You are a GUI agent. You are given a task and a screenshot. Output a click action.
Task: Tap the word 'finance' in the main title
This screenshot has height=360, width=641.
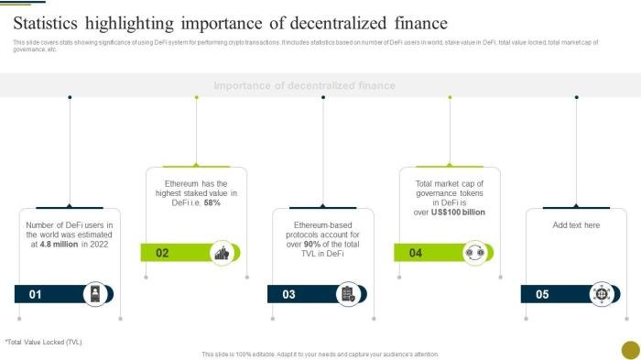click(415, 23)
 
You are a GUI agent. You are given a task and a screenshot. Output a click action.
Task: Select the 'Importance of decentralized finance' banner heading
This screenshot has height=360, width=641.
click(304, 85)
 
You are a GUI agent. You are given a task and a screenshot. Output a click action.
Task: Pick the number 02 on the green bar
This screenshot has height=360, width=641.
click(162, 253)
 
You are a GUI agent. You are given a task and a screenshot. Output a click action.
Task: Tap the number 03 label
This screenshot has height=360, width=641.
click(288, 294)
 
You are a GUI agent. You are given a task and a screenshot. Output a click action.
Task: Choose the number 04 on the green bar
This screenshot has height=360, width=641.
click(416, 253)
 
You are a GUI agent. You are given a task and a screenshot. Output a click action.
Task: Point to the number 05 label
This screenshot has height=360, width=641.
click(542, 294)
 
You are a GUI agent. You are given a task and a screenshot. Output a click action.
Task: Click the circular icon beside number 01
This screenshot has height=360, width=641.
click(94, 293)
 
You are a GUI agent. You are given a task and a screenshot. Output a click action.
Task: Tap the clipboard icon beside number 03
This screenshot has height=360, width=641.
click(348, 293)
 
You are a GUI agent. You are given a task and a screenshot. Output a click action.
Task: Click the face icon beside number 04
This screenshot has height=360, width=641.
click(474, 253)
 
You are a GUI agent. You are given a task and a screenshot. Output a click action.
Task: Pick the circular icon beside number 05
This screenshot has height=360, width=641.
click(601, 293)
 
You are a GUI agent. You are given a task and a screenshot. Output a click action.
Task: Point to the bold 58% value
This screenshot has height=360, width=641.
click(212, 202)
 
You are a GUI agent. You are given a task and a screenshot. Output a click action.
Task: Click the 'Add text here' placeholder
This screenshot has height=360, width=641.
click(576, 224)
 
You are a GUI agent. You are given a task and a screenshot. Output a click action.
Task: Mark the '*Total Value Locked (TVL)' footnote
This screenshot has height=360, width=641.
click(43, 342)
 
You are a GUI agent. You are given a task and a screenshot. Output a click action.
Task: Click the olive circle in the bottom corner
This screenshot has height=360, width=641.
click(630, 350)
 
